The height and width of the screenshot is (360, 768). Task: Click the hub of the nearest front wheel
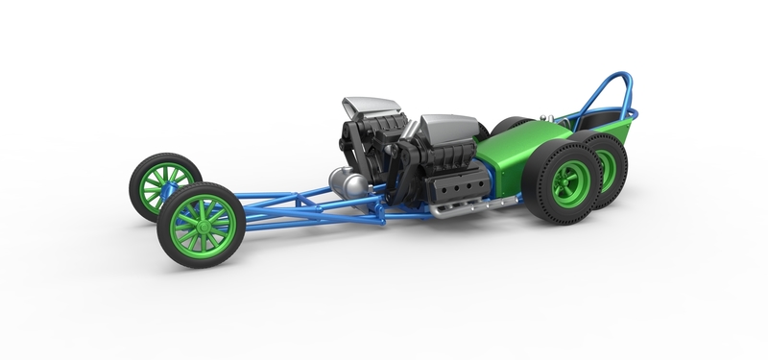[x=202, y=225]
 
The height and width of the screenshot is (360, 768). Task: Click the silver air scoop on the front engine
[x=367, y=108]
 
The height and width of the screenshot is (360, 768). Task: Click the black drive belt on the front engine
[x=348, y=144]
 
